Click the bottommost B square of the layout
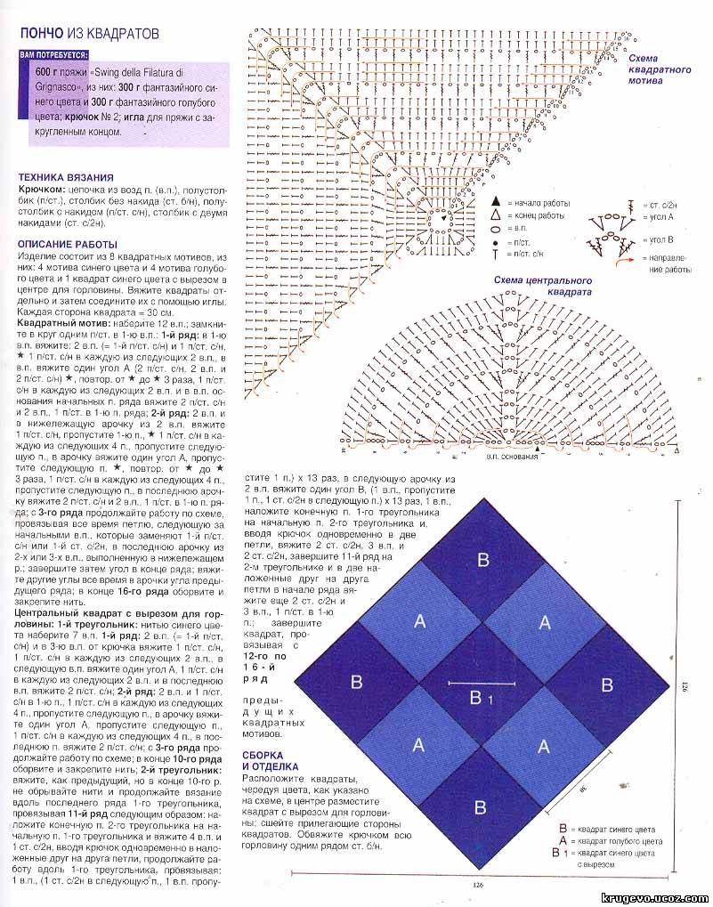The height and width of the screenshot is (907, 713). pyautogui.click(x=482, y=807)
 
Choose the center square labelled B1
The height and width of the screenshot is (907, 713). pyautogui.click(x=482, y=695)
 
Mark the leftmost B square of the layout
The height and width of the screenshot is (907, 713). pyautogui.click(x=357, y=683)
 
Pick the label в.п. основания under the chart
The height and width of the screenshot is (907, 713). pyautogui.click(x=513, y=456)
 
